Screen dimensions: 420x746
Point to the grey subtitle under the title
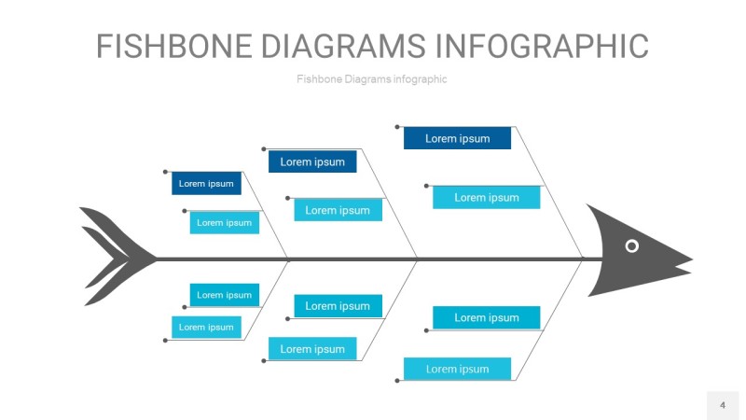point(371,79)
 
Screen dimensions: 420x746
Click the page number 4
point(722,405)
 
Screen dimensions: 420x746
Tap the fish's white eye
point(631,245)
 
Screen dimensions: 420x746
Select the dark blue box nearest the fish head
point(457,138)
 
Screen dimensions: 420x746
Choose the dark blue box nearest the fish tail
point(206,183)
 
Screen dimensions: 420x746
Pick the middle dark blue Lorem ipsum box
point(312,162)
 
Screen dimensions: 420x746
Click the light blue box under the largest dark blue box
point(486,197)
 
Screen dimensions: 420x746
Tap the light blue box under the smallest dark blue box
point(224,222)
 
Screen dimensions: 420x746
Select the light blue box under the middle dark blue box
point(338,210)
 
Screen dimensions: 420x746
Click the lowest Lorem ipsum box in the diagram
point(457,369)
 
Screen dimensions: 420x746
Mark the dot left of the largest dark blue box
point(397,126)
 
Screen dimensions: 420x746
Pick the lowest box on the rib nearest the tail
point(206,327)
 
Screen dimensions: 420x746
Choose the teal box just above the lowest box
point(486,317)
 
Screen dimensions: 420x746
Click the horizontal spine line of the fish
point(373,259)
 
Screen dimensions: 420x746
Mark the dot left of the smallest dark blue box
point(166,172)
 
